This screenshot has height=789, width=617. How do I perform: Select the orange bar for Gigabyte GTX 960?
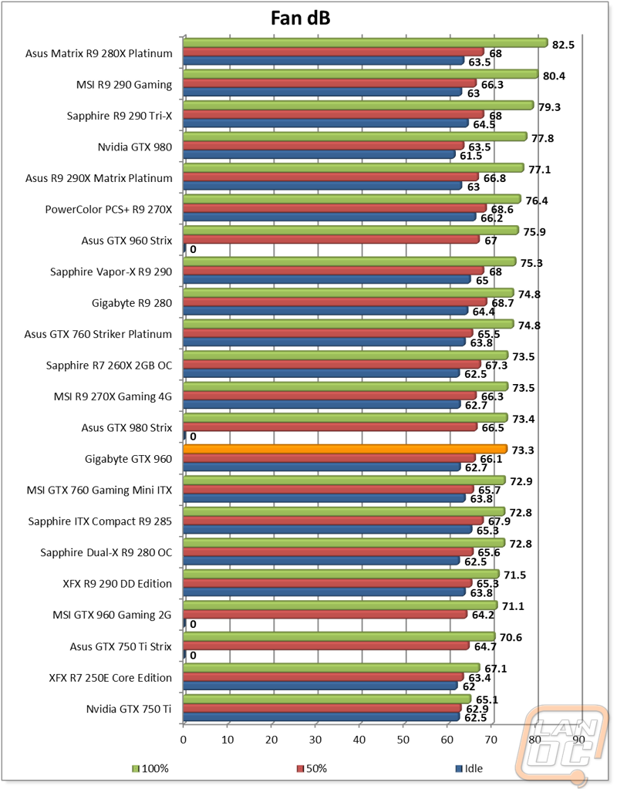pos(345,449)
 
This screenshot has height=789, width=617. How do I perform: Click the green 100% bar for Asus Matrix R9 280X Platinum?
pos(365,43)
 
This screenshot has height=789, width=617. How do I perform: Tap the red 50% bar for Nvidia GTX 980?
pos(324,146)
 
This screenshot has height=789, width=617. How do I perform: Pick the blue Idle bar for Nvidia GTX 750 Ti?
pos(321,717)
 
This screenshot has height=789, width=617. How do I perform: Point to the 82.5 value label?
pos(564,45)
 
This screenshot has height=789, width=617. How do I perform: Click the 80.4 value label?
pos(555,76)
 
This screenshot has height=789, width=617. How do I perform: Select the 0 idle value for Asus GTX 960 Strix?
pos(193,249)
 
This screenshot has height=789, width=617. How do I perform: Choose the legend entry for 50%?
pos(312,768)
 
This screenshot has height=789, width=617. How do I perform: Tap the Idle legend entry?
pos(470,768)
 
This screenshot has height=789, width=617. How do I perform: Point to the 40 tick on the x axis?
pos(359,739)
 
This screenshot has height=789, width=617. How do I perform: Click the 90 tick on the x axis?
pos(578,739)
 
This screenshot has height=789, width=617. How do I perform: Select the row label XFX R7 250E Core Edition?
pos(110,678)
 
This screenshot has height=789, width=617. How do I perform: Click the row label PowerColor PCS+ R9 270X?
pos(109,209)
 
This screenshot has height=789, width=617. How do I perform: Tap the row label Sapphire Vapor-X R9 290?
pos(111,271)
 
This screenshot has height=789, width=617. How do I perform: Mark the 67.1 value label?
pos(495,667)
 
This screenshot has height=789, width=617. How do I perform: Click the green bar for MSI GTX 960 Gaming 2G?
pos(339,605)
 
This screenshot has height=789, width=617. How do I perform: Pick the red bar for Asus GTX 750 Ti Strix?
pos(325,646)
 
